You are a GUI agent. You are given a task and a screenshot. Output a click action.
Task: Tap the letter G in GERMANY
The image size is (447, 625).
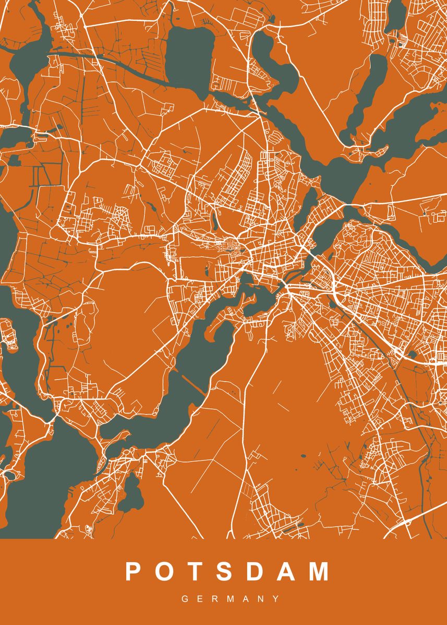(185, 599)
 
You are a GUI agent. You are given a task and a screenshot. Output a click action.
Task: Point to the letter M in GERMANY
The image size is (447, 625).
(231, 599)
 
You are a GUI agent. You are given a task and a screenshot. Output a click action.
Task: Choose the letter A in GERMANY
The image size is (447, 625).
(247, 599)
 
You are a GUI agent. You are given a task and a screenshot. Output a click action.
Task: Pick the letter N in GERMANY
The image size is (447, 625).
(261, 599)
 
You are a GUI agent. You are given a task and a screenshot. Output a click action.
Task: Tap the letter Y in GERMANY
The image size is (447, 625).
(276, 599)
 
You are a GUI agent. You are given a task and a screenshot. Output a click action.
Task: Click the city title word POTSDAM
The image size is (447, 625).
(227, 571)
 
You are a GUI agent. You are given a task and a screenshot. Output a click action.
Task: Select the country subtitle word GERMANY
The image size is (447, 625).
(231, 599)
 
